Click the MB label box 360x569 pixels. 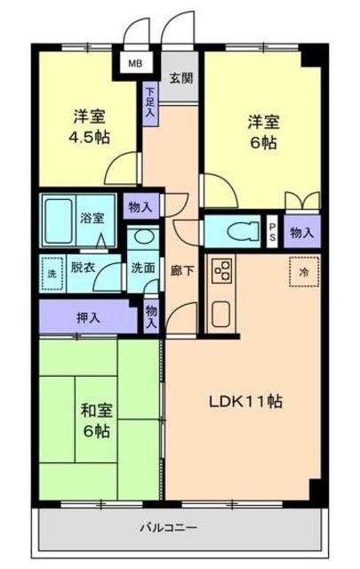click(135, 64)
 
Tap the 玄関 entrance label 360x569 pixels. click(181, 78)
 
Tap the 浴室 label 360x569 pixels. click(92, 217)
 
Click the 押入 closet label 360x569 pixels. click(86, 316)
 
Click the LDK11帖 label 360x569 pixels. click(246, 401)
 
